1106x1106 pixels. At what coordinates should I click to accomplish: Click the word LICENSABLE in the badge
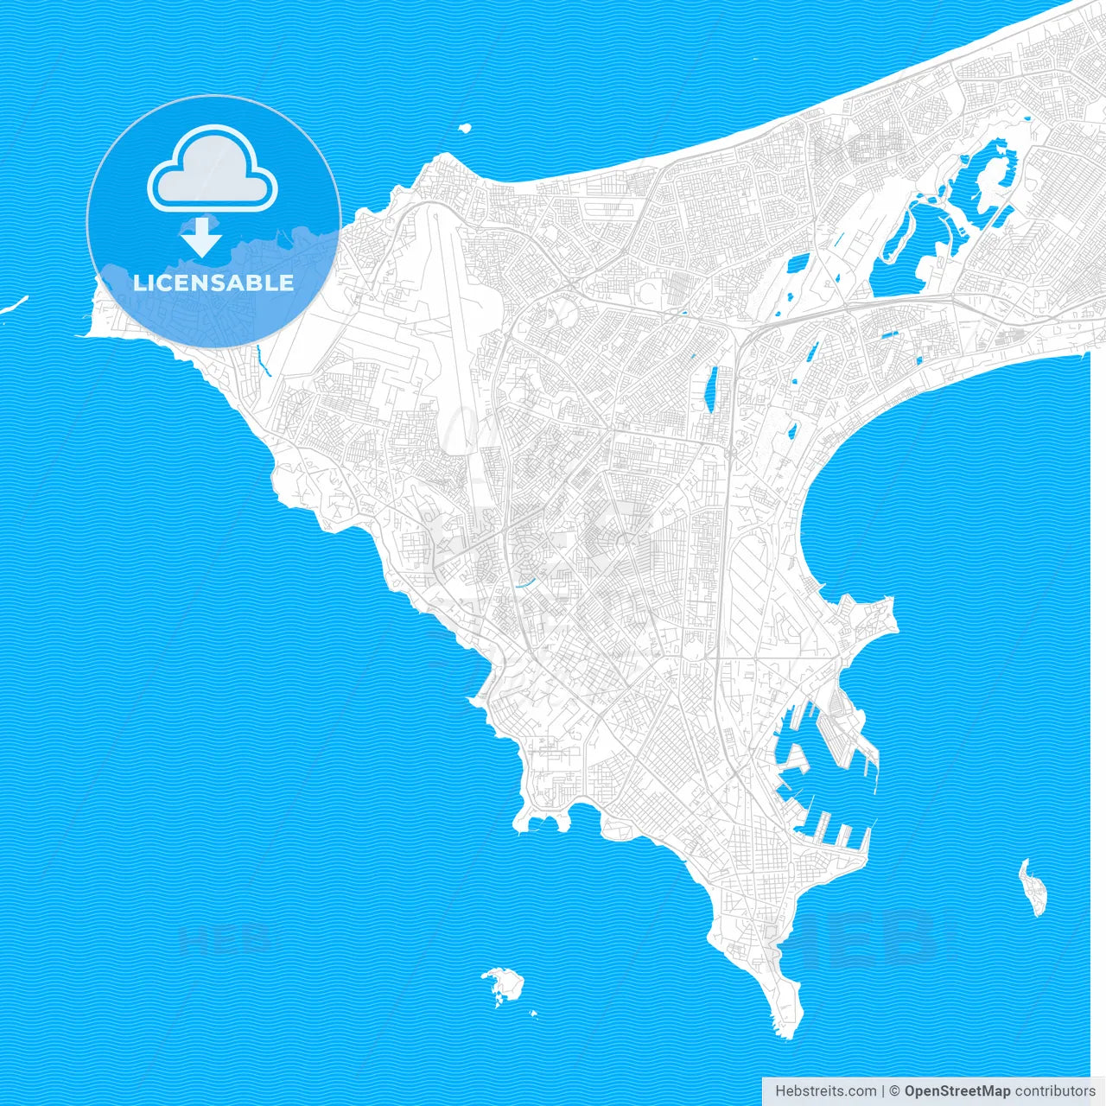click(213, 283)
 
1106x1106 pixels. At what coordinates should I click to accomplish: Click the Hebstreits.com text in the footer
click(825, 1091)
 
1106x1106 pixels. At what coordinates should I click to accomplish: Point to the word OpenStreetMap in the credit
click(957, 1091)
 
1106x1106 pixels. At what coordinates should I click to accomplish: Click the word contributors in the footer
click(1054, 1091)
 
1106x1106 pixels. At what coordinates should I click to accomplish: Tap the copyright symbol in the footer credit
click(895, 1091)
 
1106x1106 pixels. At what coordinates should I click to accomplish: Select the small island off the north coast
click(465, 128)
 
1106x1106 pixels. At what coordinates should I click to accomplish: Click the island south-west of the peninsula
click(504, 983)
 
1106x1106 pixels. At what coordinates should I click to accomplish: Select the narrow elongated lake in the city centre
click(712, 389)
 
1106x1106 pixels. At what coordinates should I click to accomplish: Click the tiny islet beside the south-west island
click(534, 1013)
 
